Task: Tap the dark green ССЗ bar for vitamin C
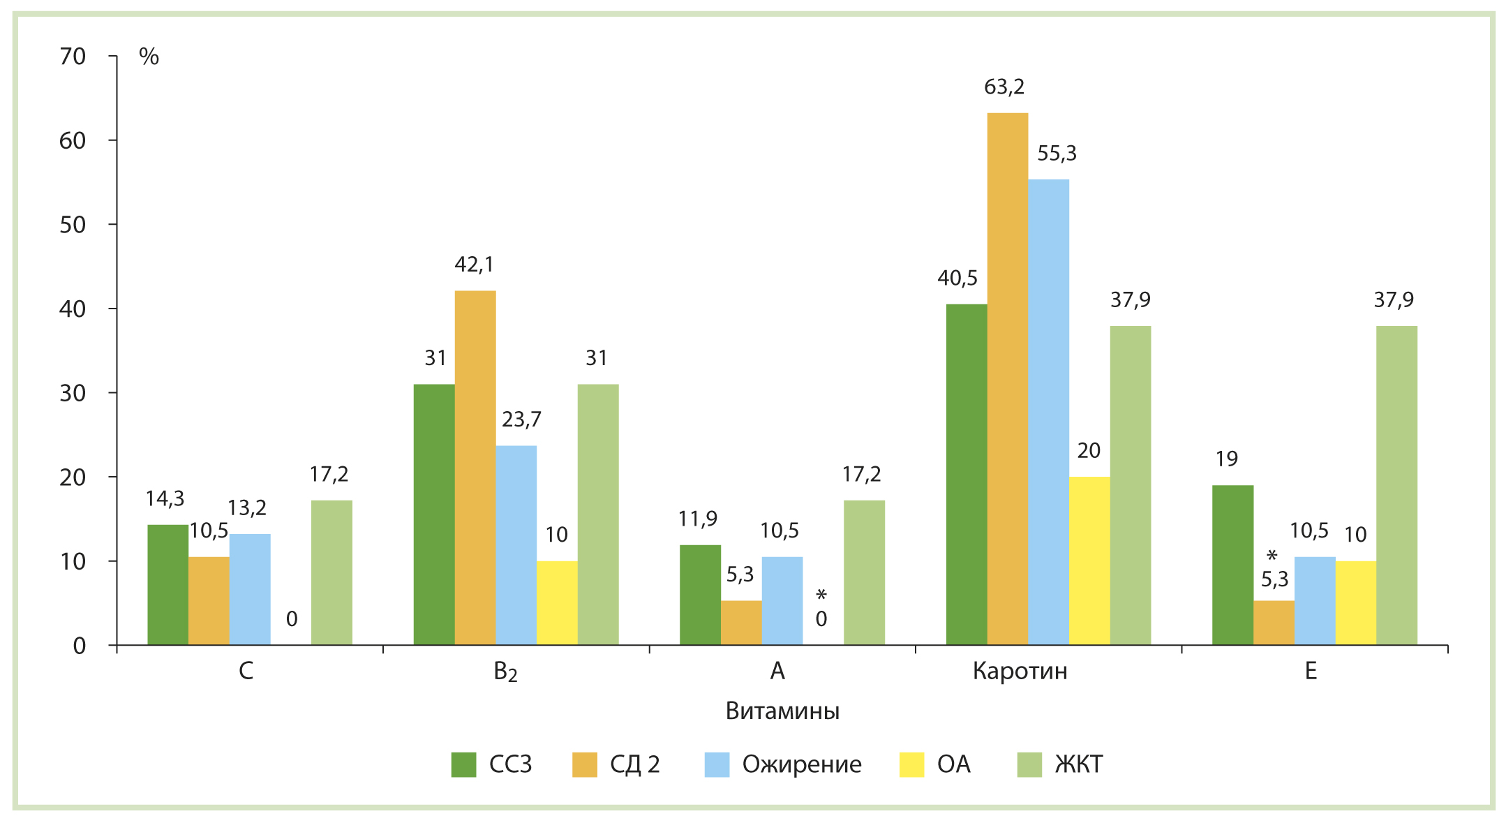[167, 585]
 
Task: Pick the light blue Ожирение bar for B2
[516, 545]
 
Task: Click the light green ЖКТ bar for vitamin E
[1396, 485]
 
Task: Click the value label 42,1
[474, 265]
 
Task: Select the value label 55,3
[1057, 154]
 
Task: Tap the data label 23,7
[521, 420]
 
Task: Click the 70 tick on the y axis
[73, 57]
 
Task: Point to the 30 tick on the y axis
[73, 394]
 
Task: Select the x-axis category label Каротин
[1020, 672]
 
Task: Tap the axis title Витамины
[782, 711]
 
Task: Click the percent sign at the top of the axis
[149, 57]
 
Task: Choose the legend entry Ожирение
[801, 765]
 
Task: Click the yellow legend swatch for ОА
[911, 765]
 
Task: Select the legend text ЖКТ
[1078, 765]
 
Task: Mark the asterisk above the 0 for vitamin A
[821, 595]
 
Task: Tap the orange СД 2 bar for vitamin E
[1274, 623]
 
